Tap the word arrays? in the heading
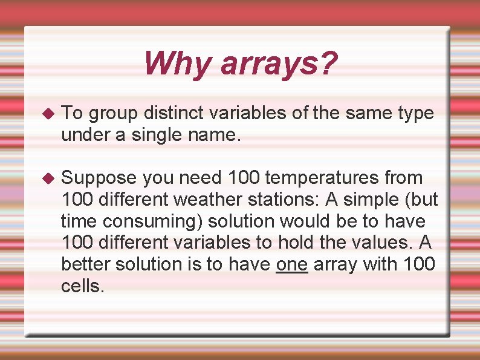(279, 64)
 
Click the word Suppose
(100, 178)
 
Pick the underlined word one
(292, 264)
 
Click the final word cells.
(83, 286)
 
